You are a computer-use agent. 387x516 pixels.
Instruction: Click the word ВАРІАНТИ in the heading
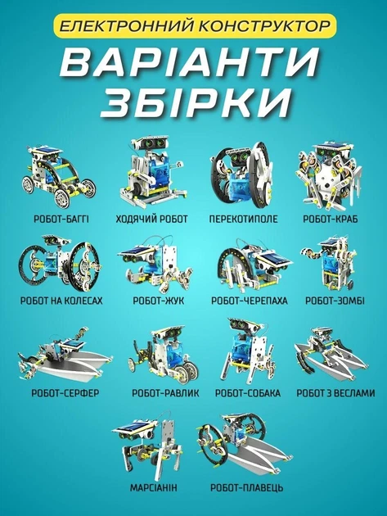[189, 62]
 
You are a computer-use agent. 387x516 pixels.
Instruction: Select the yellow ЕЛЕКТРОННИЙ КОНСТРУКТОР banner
[195, 26]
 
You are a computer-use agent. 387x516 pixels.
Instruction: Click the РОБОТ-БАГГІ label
[61, 220]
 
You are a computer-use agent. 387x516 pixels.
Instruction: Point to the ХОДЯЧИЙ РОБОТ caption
[151, 220]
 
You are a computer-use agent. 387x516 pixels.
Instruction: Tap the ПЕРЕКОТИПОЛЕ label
[243, 220]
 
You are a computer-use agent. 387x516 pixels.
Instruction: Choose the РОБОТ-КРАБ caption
[330, 220]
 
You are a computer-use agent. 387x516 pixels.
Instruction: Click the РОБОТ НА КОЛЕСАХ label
[61, 301]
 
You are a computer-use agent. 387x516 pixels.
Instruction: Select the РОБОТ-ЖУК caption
[159, 301]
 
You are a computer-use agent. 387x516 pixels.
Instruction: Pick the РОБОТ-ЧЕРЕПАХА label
[250, 301]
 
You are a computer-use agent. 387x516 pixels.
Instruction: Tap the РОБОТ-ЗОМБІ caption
[335, 301]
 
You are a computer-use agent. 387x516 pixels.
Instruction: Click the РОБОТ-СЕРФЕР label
[65, 393]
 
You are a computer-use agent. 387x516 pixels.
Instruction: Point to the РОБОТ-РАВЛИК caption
[165, 393]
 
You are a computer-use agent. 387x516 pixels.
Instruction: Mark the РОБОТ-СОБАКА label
[248, 393]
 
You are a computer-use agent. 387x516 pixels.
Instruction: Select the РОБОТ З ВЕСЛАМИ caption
[335, 393]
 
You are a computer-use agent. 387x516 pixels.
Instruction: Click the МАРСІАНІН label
[153, 487]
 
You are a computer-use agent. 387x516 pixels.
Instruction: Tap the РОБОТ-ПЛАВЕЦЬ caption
[246, 487]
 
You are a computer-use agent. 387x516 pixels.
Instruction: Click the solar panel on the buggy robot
[48, 152]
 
